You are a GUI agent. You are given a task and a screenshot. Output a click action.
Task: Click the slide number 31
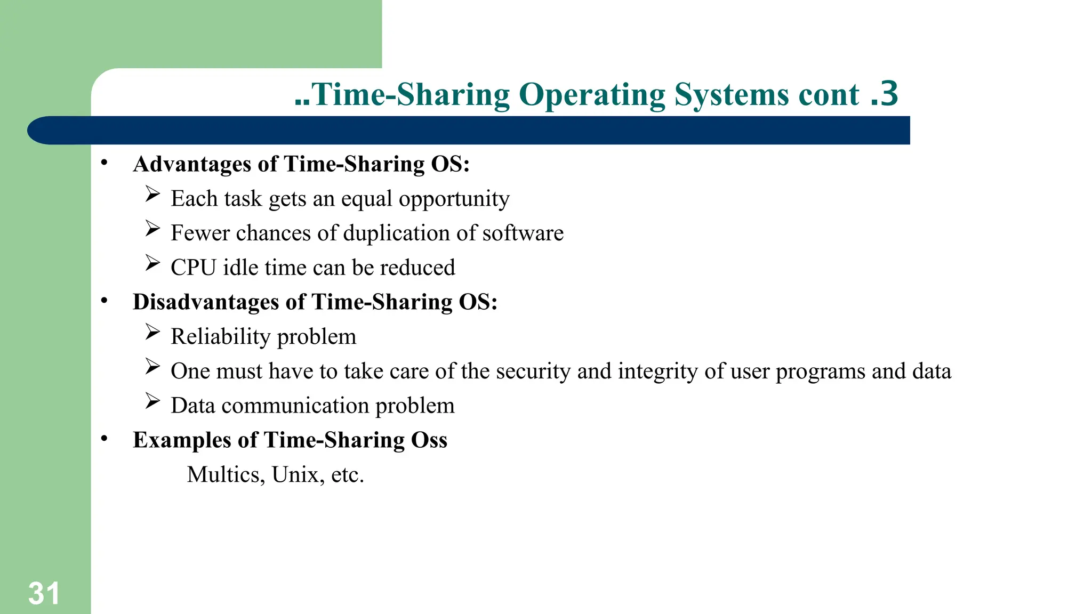pyautogui.click(x=44, y=593)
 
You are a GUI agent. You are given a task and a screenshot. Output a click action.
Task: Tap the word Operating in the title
pyautogui.click(x=592, y=95)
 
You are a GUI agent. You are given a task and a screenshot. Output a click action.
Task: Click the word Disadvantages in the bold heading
pyautogui.click(x=206, y=302)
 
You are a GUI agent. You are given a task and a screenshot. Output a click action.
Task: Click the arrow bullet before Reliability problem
pyautogui.click(x=152, y=333)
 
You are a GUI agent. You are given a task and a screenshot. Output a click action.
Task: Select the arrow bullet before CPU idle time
pyautogui.click(x=152, y=263)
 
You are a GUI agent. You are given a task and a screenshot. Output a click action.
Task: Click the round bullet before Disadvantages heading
pyautogui.click(x=105, y=301)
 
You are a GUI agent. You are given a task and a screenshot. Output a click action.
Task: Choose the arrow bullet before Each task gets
pyautogui.click(x=152, y=194)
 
